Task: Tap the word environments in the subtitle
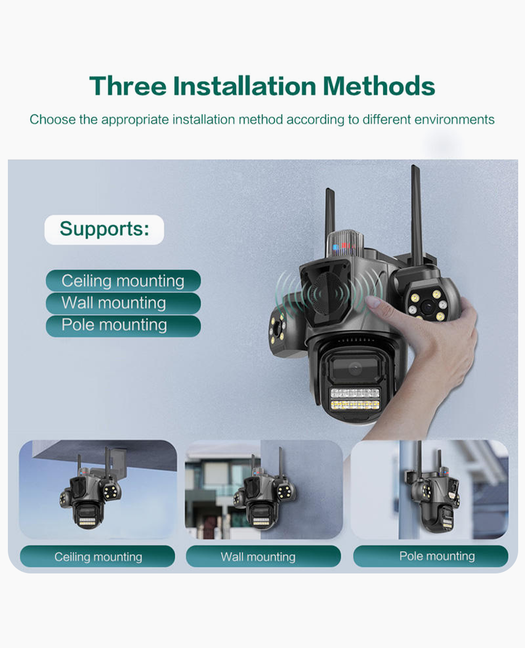(454, 120)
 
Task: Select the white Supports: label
(104, 229)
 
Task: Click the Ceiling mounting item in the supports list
(123, 281)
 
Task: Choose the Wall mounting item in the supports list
(114, 303)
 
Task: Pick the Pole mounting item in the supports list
(114, 325)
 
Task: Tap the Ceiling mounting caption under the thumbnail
(98, 557)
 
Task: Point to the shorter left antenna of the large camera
(330, 215)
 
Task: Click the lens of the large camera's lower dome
(354, 369)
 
